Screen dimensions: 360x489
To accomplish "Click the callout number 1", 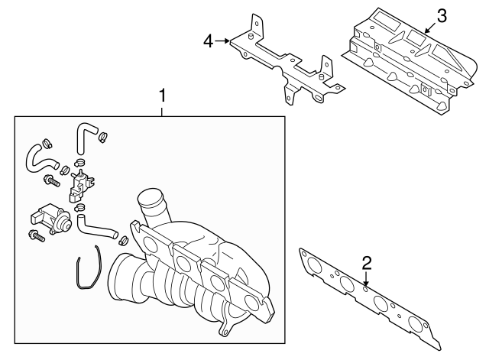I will (161, 96).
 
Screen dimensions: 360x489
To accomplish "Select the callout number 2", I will (367, 263).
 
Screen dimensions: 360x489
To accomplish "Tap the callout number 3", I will (441, 15).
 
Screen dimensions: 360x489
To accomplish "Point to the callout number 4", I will (208, 41).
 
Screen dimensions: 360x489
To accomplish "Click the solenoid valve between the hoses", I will (80, 185).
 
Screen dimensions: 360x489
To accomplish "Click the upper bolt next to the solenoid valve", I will (52, 181).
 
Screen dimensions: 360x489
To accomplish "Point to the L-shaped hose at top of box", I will (82, 137).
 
